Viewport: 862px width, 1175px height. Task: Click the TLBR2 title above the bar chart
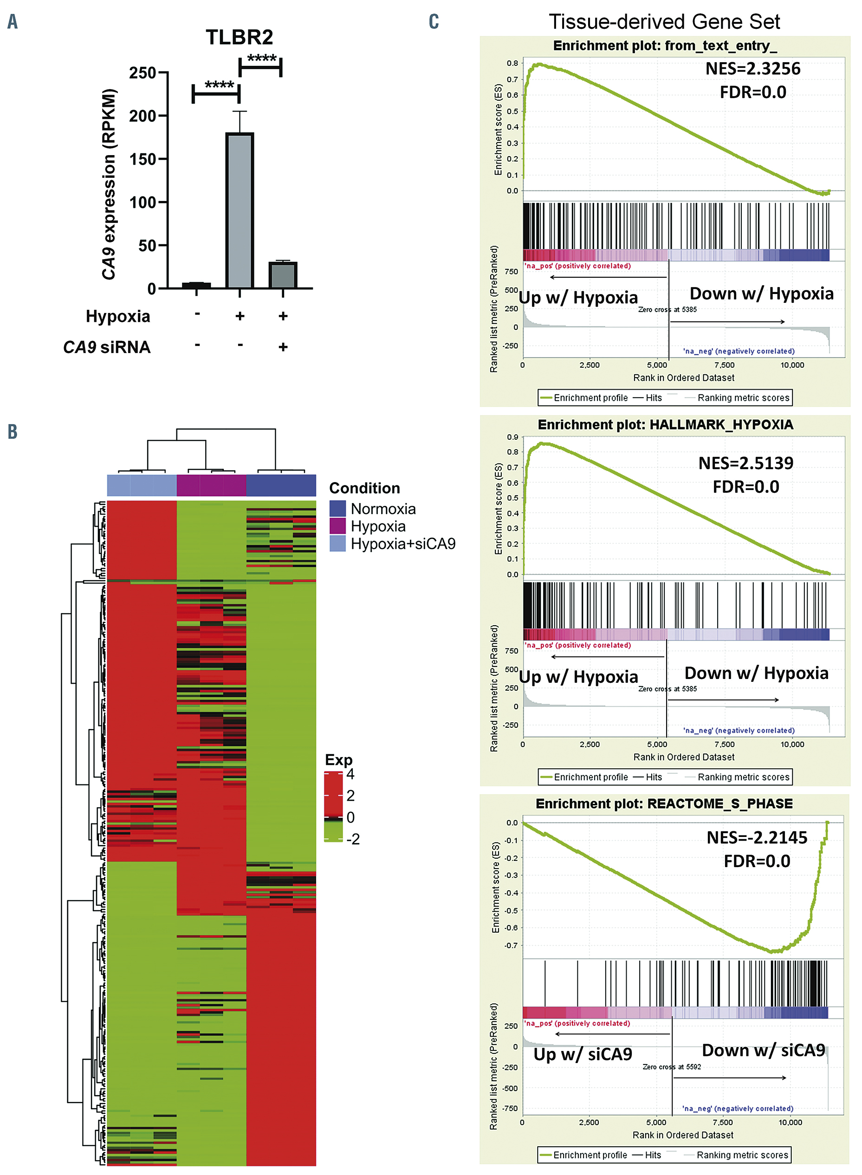pos(239,37)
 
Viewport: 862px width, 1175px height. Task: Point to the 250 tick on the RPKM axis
pos(142,72)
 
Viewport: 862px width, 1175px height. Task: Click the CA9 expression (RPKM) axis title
pos(109,184)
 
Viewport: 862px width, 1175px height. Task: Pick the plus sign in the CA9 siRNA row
pos(283,347)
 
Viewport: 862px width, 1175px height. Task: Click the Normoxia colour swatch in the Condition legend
pos(337,509)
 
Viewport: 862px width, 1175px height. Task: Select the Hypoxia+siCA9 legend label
pos(403,544)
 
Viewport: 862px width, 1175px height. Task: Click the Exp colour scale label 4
pos(350,774)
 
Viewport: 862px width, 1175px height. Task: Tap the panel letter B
pos(13,432)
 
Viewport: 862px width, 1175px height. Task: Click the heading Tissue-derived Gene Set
pos(664,22)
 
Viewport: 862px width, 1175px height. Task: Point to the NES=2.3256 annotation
pos(752,68)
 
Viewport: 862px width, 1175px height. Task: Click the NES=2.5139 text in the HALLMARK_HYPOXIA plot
pos(745,463)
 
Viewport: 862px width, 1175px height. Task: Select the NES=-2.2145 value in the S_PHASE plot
pos(757,838)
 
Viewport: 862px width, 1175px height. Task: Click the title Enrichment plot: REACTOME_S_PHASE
pos(664,804)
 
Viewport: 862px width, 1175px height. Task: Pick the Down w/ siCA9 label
pos(764,1050)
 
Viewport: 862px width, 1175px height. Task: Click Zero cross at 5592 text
pos(672,1067)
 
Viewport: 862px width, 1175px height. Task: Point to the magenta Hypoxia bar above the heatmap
pos(211,485)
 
